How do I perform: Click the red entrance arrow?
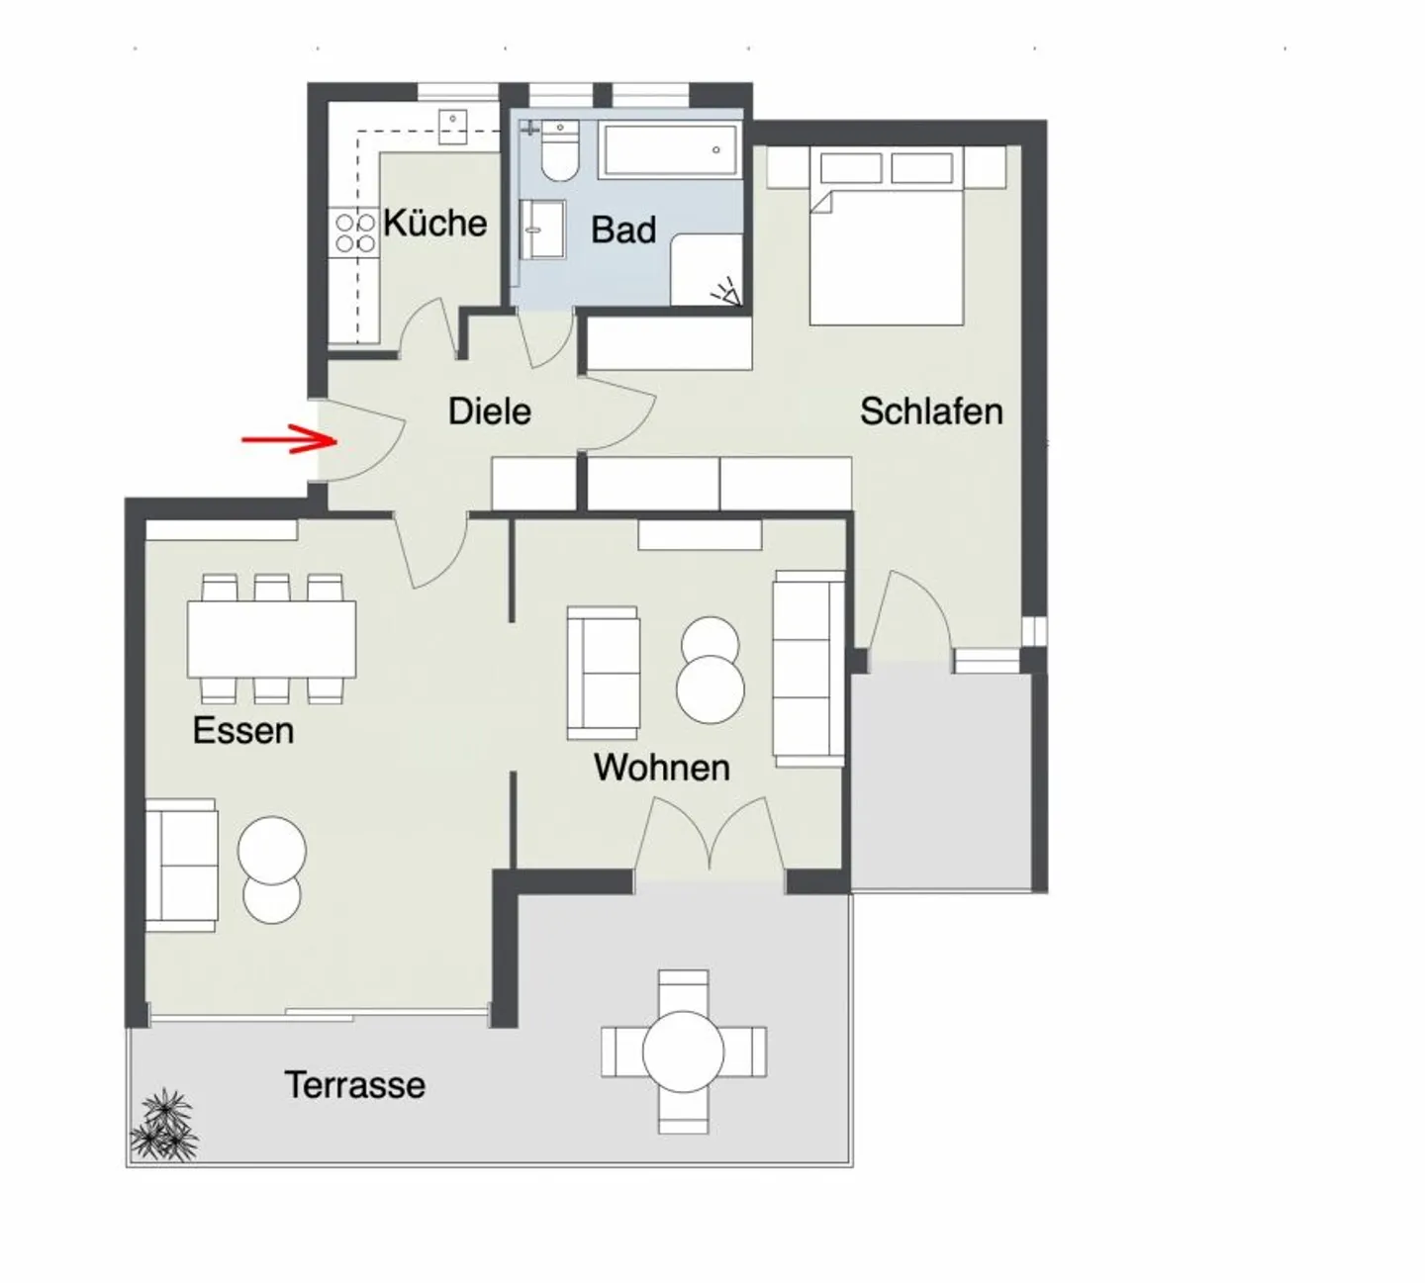(290, 440)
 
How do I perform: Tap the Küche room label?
(434, 224)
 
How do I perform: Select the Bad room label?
(623, 229)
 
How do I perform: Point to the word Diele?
(490, 412)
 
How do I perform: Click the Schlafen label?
(931, 412)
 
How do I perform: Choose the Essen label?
(243, 730)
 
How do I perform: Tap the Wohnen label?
(662, 768)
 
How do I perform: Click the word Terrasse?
(354, 1085)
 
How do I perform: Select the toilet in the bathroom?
(559, 150)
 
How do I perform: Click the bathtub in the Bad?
(669, 150)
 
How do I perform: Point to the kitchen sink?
(452, 128)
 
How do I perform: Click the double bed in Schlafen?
(886, 235)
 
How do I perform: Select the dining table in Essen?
(271, 639)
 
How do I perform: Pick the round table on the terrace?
(683, 1052)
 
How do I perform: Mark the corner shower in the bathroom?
(707, 268)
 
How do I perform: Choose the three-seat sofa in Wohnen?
(809, 669)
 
